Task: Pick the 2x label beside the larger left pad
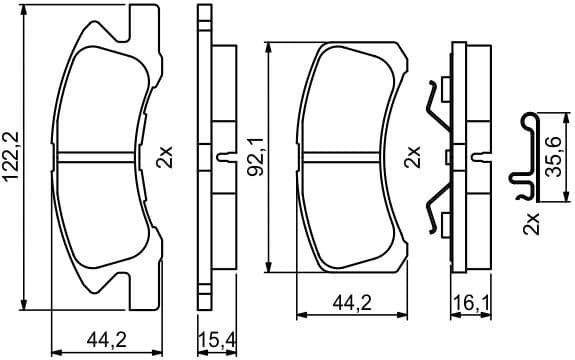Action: click(x=165, y=156)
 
